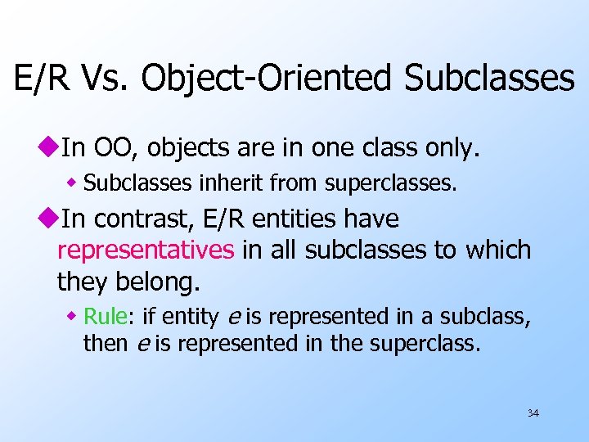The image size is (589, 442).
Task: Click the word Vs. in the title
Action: pyautogui.click(x=106, y=79)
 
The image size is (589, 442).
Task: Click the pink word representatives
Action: pyautogui.click(x=146, y=250)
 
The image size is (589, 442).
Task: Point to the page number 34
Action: pyautogui.click(x=533, y=413)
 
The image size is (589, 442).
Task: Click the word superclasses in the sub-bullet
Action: pyautogui.click(x=391, y=183)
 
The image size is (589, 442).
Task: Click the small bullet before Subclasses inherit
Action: pyautogui.click(x=74, y=183)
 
